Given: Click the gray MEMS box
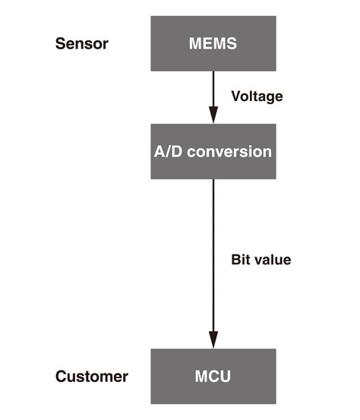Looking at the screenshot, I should [212, 43].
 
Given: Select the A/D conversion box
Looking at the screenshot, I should [212, 151].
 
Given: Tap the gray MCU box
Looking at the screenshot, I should [212, 376].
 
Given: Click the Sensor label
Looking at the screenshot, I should [82, 43].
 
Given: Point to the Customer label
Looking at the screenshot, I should [92, 377].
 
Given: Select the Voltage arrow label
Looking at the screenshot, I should [256, 97].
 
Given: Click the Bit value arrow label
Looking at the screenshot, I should [261, 260].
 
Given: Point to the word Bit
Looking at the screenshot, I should [239, 260].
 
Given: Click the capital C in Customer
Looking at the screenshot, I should [62, 377].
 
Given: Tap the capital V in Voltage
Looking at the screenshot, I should [235, 97].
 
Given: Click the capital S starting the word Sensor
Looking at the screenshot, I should [60, 43].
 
